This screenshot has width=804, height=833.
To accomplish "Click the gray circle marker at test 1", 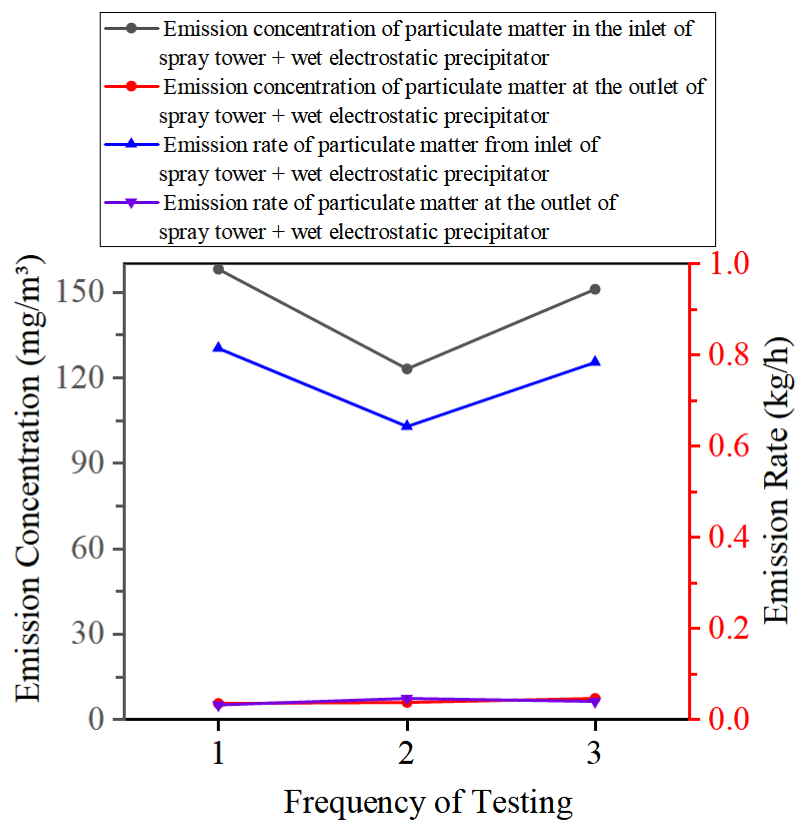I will (x=218, y=269).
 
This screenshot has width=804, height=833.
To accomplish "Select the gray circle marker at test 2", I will (x=407, y=369).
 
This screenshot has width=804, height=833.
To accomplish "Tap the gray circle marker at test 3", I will (x=595, y=289).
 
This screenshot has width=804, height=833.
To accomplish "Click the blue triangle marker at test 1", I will (x=218, y=347).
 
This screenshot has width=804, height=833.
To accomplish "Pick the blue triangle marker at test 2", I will (x=407, y=426).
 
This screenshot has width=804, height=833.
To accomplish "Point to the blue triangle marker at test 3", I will (x=595, y=361).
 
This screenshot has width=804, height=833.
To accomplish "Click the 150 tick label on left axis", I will (x=80, y=291).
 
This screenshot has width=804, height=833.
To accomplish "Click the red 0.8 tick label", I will (x=728, y=354).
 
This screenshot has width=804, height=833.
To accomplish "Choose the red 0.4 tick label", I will (x=728, y=537).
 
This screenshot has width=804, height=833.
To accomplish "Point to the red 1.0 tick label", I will (x=728, y=264).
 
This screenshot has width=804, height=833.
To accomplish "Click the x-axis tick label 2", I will (x=406, y=752).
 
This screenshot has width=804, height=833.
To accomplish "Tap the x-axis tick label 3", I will (x=594, y=752).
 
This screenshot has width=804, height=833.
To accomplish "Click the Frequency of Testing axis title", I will (x=428, y=802).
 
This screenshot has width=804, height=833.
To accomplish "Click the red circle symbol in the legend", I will (x=131, y=86).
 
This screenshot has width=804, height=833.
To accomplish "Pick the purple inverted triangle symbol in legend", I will (x=131, y=203).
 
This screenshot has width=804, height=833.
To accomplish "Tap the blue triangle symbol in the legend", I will (x=131, y=144).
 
